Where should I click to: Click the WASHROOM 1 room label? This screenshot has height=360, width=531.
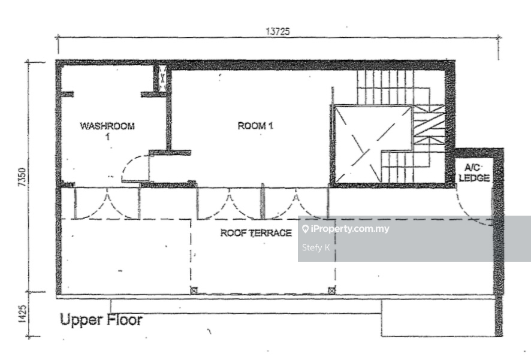tap(107, 131)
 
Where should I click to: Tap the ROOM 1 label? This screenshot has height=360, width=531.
tap(255, 126)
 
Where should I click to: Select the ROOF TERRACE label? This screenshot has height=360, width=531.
tap(256, 233)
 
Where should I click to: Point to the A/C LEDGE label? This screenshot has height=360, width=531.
tap(474, 173)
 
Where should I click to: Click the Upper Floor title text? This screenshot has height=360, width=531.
tap(101, 320)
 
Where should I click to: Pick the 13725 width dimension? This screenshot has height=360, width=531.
tap(277, 32)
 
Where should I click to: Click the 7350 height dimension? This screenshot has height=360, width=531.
tap(22, 177)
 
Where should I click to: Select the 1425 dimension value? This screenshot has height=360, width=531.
tap(22, 314)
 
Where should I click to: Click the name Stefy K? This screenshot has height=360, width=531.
tap(316, 247)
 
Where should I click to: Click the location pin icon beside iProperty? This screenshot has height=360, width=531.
tap(305, 229)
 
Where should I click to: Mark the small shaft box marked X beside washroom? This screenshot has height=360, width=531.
tap(162, 78)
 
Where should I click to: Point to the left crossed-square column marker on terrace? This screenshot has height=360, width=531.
tap(194, 291)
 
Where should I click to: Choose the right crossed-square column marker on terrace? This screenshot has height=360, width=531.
tap(332, 291)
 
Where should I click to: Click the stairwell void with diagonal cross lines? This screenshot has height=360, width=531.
tap(373, 144)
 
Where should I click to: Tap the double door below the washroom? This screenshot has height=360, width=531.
tap(107, 203)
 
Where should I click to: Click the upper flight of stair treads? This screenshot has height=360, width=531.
tap(385, 87)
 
